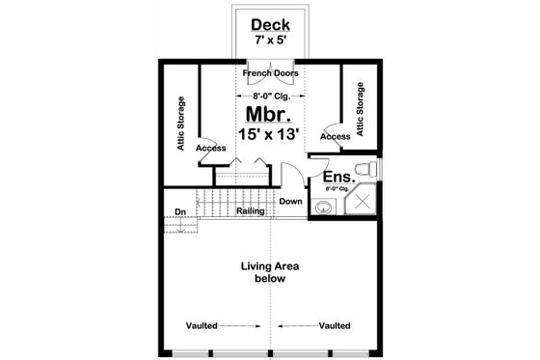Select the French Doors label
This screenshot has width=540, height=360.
tap(269, 73)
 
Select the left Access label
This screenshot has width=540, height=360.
tap(210, 149)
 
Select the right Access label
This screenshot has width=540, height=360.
tap(335, 136)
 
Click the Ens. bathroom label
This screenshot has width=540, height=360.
tap(336, 178)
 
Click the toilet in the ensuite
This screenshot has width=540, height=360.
tap(367, 171)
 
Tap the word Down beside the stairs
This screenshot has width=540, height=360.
tap(290, 202)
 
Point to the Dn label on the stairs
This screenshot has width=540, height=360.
tap(180, 212)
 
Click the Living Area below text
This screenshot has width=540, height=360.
tap(269, 272)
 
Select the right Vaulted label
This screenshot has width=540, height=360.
tap(334, 325)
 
